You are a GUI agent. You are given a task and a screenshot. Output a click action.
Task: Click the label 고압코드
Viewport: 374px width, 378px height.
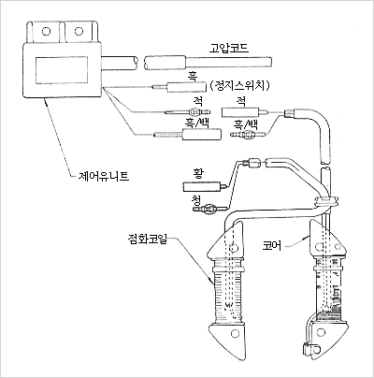pos(229,49)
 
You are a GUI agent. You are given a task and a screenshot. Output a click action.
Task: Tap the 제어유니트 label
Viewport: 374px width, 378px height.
pos(104,177)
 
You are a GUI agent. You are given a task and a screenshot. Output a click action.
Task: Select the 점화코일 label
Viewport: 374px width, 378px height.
pos(147,240)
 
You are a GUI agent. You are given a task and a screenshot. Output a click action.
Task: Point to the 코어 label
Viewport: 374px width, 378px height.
pos(272,246)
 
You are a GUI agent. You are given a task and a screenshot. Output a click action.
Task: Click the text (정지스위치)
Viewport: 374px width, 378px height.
pos(239,85)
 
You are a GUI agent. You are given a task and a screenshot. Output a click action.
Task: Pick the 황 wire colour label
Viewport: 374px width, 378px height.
pos(198,174)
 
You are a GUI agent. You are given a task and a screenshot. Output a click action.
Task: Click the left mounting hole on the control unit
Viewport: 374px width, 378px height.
pos(46,32)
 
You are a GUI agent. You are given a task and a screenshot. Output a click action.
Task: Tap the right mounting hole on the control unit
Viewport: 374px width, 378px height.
pos(79,31)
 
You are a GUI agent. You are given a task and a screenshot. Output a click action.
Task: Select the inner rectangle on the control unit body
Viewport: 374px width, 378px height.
pos(62,70)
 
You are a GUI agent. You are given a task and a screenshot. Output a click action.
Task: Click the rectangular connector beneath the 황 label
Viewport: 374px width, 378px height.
pos(202,187)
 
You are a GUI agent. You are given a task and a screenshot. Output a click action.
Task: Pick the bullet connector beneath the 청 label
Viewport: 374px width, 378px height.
pos(209,208)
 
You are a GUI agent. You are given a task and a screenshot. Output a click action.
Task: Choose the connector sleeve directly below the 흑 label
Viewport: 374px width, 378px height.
pos(186,87)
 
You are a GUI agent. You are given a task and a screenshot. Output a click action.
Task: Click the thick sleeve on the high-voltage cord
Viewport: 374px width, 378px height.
pos(165,63)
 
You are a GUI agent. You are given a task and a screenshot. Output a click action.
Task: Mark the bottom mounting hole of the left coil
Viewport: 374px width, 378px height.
pos(234,334)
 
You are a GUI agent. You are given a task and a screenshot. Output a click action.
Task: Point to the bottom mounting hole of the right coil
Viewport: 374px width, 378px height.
pos(320,333)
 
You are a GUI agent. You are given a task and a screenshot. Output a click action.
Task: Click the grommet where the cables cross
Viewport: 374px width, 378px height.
pos(326,201)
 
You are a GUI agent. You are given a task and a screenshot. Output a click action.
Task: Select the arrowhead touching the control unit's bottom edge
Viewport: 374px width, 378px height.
pos(46,99)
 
